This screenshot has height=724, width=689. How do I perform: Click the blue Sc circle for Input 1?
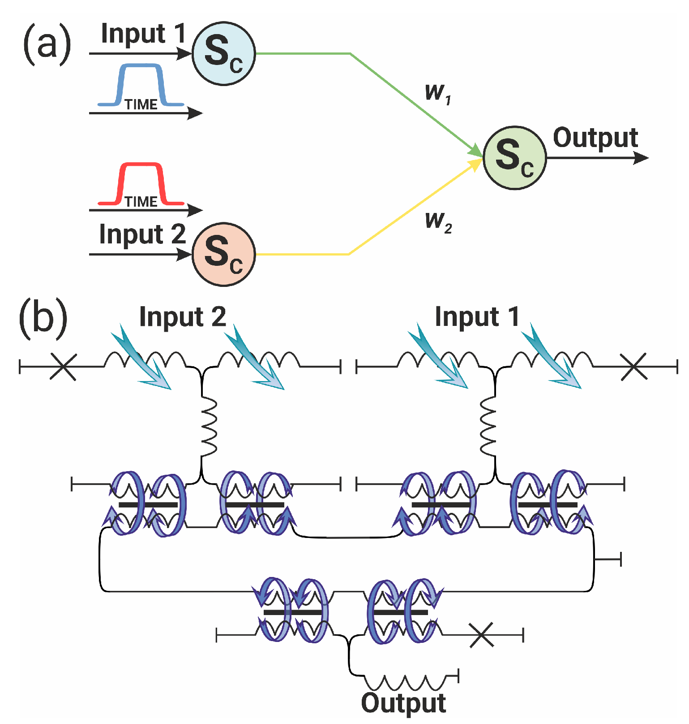click(223, 53)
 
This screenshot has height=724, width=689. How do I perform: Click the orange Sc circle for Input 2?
click(223, 254)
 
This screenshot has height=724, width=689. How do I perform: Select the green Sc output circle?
click(514, 158)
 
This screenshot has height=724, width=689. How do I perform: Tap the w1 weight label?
click(437, 93)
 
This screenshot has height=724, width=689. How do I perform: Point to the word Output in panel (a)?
click(595, 138)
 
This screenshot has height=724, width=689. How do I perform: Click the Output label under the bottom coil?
click(403, 703)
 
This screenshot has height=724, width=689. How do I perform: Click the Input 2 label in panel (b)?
click(182, 317)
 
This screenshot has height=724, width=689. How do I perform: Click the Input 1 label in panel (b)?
click(477, 317)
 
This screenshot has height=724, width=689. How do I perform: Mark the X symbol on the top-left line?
click(63, 367)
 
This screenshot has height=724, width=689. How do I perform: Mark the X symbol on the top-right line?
click(633, 367)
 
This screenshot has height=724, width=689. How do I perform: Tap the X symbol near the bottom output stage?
click(482, 635)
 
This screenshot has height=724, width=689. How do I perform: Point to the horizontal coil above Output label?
click(405, 682)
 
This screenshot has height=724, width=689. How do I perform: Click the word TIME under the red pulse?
click(141, 202)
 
